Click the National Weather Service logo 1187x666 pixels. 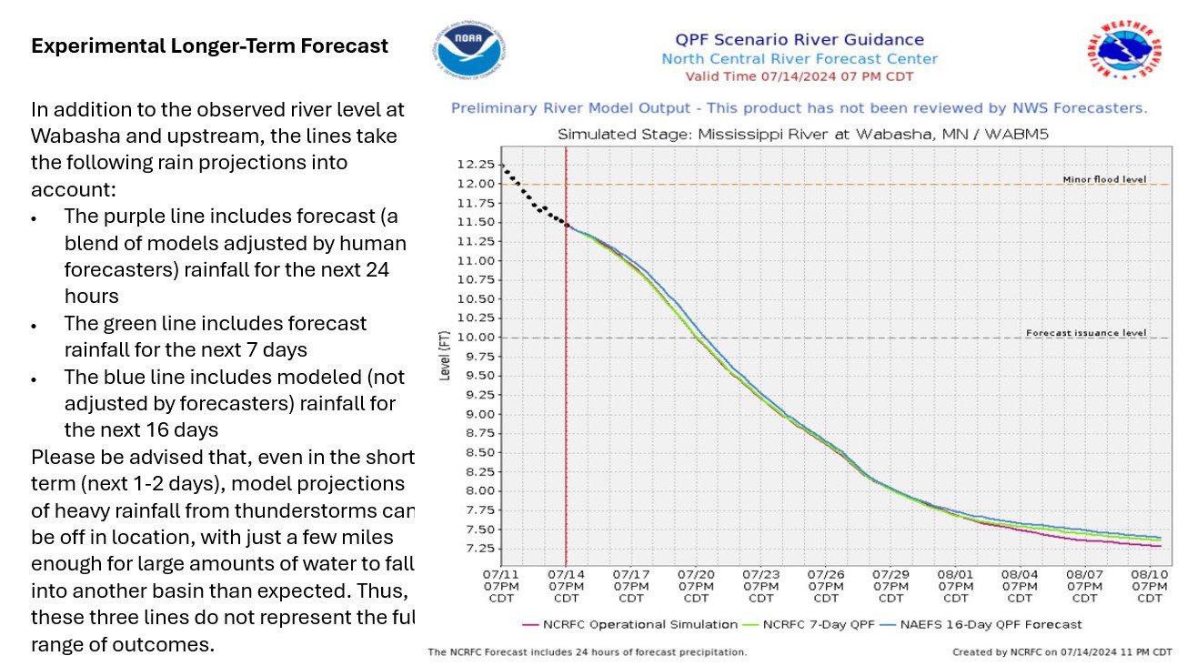pyautogui.click(x=1125, y=52)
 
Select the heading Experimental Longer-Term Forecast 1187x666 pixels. pyautogui.click(x=209, y=45)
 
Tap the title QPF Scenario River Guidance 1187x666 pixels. pyautogui.click(x=799, y=40)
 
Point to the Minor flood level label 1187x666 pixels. pyautogui.click(x=1104, y=179)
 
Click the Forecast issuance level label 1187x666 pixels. pyautogui.click(x=1086, y=333)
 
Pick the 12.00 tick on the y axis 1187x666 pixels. pyautogui.click(x=477, y=184)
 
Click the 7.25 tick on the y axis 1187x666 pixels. pyautogui.click(x=479, y=549)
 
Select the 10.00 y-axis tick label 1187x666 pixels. pyautogui.click(x=477, y=338)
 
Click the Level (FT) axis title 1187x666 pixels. pyautogui.click(x=445, y=356)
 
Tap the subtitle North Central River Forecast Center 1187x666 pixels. pyautogui.click(x=799, y=59)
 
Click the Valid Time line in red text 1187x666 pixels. pyautogui.click(x=799, y=76)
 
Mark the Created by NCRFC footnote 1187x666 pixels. pyautogui.click(x=1061, y=652)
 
